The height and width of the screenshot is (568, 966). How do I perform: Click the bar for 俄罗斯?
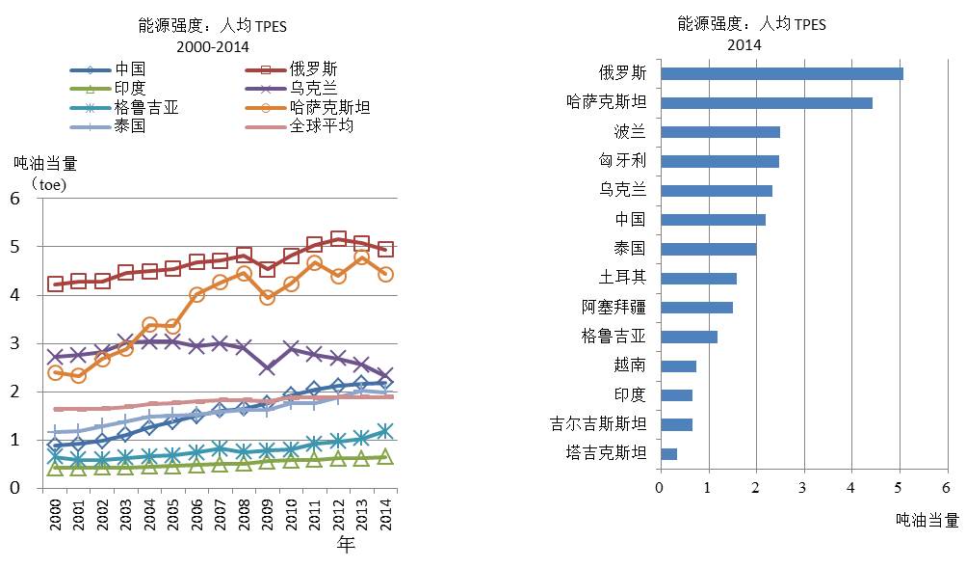point(781,73)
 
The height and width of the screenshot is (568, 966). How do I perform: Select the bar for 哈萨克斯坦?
point(766,102)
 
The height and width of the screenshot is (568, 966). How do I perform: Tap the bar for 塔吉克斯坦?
point(667,453)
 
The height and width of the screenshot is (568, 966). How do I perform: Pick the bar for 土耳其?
point(697,278)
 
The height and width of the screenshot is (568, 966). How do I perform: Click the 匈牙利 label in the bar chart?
point(623,161)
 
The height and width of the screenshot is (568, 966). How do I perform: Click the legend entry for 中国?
point(130,69)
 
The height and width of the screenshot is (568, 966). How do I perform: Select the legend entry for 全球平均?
point(323,126)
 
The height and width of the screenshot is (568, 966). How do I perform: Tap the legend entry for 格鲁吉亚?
point(146,107)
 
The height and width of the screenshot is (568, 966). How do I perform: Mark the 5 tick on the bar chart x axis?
point(898,488)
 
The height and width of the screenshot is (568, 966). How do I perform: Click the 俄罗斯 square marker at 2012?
point(338,238)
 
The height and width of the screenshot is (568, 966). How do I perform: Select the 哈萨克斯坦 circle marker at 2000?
point(55,372)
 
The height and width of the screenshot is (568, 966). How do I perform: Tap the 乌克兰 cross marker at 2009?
point(267,367)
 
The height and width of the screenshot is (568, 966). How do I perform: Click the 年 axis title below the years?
point(346,546)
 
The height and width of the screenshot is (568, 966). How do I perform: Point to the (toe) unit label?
point(48,181)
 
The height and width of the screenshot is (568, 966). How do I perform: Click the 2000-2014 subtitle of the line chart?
point(214,45)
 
